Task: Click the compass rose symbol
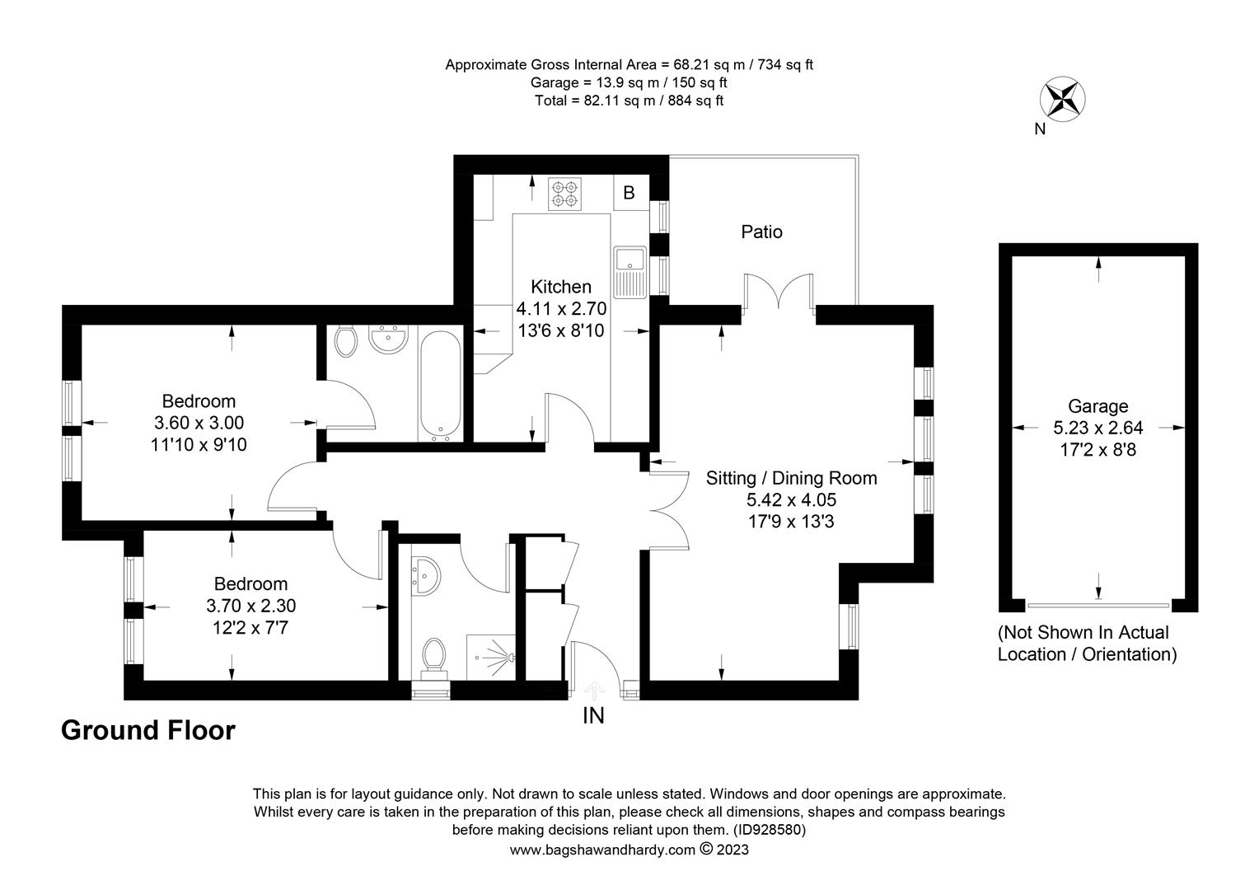tap(1062, 99)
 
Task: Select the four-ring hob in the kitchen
tap(564, 194)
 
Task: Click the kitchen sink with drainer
tap(630, 272)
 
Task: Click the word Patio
tap(761, 232)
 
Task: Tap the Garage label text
tap(1098, 406)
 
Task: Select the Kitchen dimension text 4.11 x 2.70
tap(561, 309)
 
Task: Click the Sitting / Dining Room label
tap(791, 478)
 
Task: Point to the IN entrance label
tap(593, 716)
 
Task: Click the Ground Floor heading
tap(147, 730)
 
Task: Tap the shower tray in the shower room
tap(491, 658)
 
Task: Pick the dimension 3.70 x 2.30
tap(250, 606)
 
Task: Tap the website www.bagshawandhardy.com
tap(602, 850)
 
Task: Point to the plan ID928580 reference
tap(769, 830)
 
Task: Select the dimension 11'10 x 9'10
tap(199, 445)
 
